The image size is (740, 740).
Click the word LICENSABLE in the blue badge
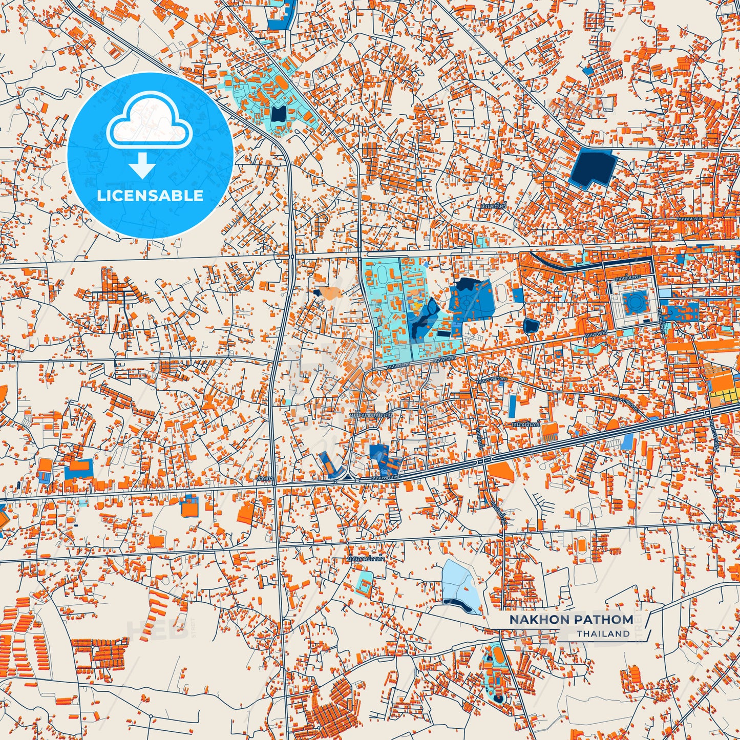[x=150, y=196]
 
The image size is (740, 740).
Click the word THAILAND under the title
[x=603, y=633]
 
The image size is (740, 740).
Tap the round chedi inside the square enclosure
[x=635, y=302]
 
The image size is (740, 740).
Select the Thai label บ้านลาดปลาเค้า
[x=366, y=559]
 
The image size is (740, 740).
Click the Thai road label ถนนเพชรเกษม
[x=387, y=478]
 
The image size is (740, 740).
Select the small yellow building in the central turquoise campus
[x=418, y=306]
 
